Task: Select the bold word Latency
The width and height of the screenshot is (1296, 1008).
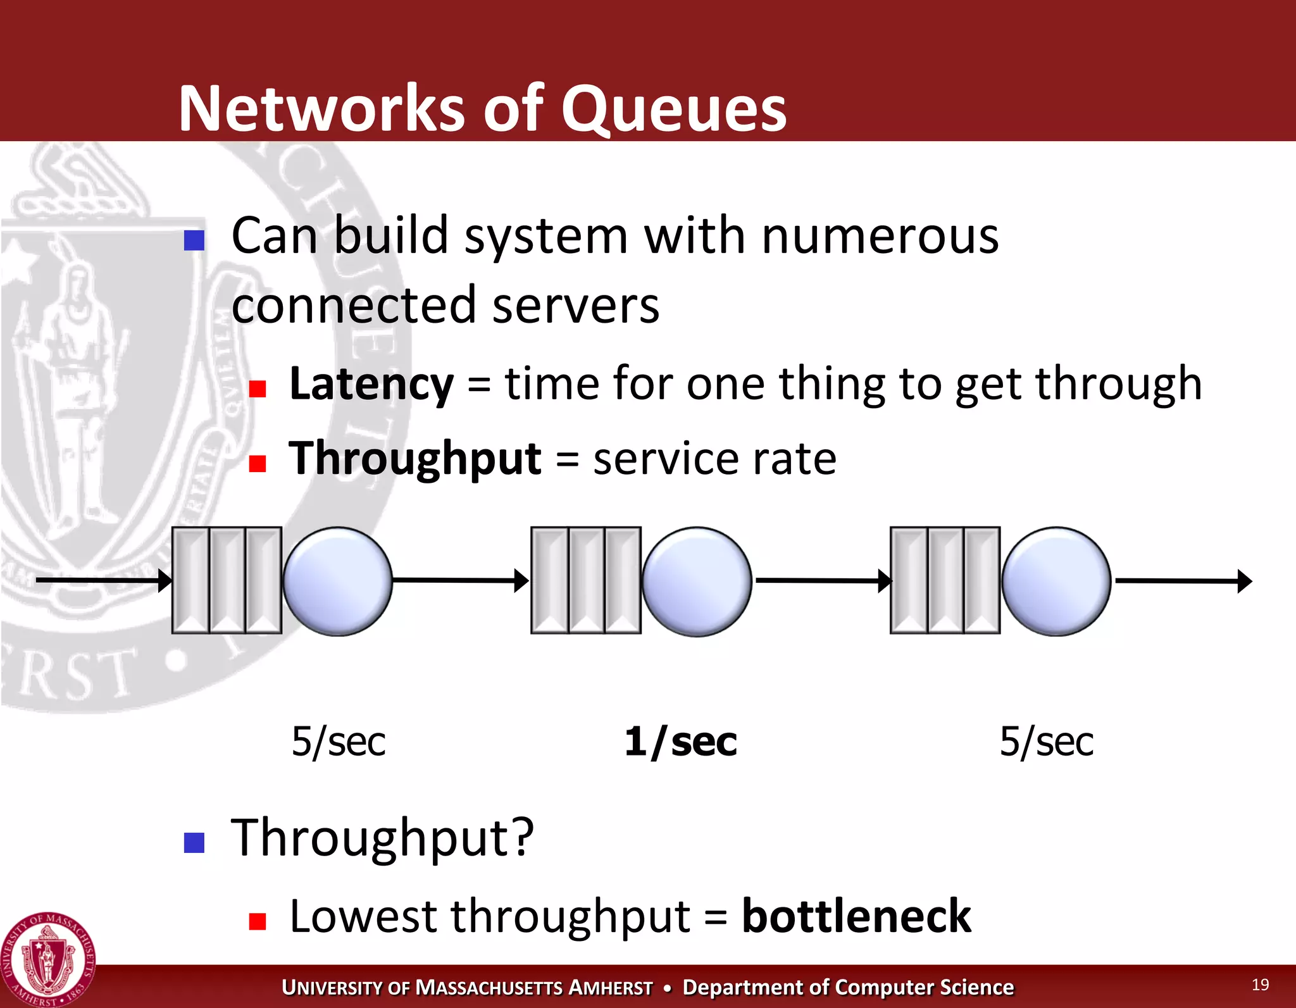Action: [x=371, y=384]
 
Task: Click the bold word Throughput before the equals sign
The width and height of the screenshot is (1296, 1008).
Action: [x=414, y=458]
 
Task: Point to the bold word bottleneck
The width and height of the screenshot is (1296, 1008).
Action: [x=856, y=916]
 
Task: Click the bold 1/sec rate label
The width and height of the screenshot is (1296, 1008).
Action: [x=680, y=742]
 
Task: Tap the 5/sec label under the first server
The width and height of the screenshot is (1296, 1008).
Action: [x=339, y=742]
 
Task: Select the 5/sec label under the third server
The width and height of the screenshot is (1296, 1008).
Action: [x=1047, y=742]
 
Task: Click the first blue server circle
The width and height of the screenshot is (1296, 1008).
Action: [x=337, y=581]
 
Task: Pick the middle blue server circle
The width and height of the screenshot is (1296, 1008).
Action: [x=697, y=581]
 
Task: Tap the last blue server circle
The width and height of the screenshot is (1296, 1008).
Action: [x=1056, y=581]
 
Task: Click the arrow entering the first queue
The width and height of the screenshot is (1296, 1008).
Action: [x=101, y=580]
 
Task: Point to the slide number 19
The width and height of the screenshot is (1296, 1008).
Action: [x=1260, y=985]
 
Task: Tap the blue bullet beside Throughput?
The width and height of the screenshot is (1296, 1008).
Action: [x=194, y=842]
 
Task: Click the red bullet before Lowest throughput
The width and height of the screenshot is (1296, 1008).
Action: [x=257, y=921]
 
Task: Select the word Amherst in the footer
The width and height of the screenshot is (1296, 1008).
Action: [x=610, y=988]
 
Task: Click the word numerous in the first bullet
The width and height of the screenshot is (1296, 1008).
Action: [x=880, y=236]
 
